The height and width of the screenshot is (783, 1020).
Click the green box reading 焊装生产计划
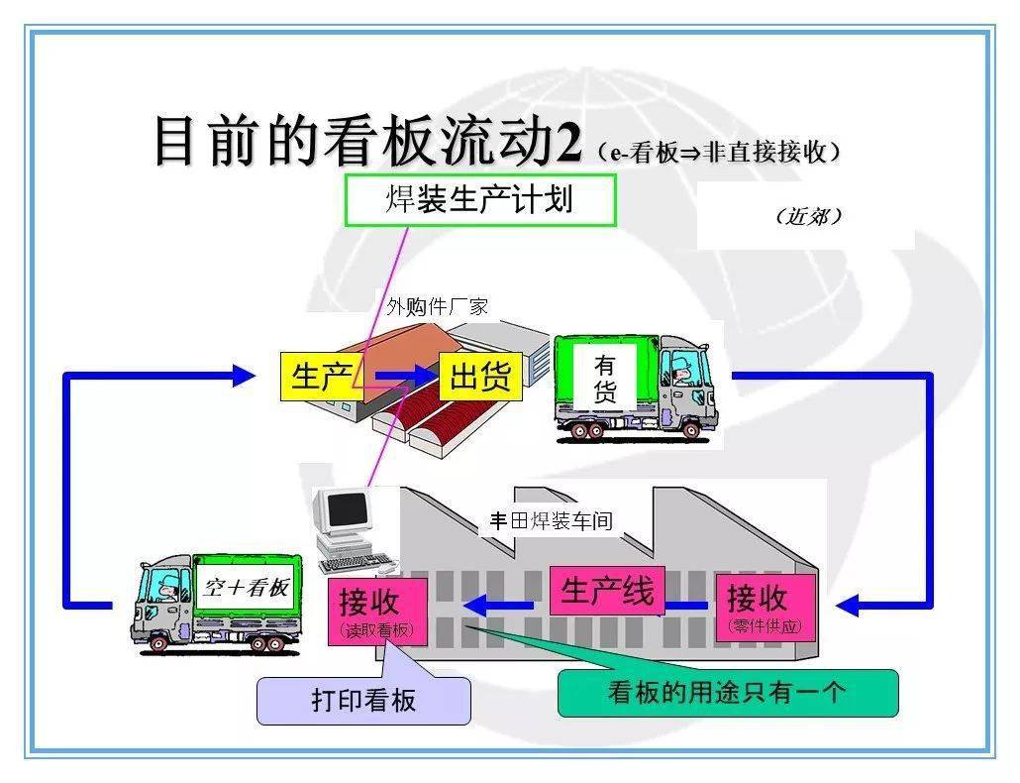pos(480,200)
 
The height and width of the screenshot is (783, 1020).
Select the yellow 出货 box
pos(480,377)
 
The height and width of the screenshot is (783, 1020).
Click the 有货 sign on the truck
pos(604,378)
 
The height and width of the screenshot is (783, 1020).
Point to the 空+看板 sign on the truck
pos(246,587)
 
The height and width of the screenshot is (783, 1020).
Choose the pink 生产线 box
pos(607,591)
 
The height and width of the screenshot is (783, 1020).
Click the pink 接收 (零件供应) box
pos(765,608)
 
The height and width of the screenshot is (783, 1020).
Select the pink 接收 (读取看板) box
pos(377,612)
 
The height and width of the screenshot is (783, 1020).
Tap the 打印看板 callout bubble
pos(363,700)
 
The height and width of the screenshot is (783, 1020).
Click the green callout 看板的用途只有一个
pos(728,693)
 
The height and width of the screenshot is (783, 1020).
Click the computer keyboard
pos(357,564)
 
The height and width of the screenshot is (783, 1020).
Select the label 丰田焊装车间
pos(552,520)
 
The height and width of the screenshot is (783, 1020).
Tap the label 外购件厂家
pos(437,306)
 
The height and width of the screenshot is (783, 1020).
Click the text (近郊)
pos(809,216)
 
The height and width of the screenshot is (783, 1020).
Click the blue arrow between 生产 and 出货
pos(403,376)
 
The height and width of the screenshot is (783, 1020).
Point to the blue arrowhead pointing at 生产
pos(245,376)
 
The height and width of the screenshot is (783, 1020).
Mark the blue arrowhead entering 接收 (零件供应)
pos(848,606)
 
